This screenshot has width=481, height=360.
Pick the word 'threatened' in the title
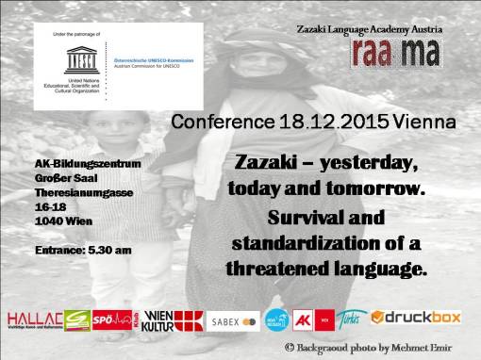278,269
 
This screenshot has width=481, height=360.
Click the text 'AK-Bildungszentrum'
88,163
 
